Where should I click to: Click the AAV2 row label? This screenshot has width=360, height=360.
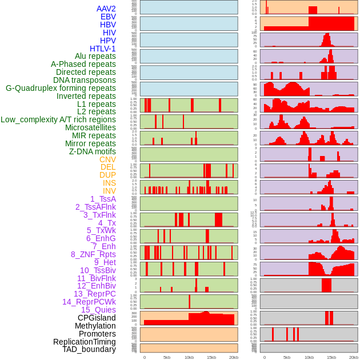[x=106, y=9]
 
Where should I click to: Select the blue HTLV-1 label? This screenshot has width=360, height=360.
[x=103, y=49]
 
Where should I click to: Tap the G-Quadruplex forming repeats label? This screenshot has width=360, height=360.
[x=61, y=88]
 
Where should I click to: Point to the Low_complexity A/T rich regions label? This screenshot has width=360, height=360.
[x=58, y=119]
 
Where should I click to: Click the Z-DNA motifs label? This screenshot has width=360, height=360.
[x=93, y=151]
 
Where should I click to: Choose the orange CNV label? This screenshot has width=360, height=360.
[x=107, y=159]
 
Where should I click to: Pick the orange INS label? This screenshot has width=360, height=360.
[x=109, y=183]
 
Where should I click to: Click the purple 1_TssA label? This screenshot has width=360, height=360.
[x=103, y=199]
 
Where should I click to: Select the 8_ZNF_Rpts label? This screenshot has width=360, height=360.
[x=93, y=254]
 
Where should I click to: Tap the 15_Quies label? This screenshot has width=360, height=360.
[x=98, y=310]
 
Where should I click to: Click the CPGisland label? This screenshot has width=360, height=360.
[x=97, y=318]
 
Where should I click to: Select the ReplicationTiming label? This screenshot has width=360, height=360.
[x=85, y=342]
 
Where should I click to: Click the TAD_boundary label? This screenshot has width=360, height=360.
[x=89, y=349]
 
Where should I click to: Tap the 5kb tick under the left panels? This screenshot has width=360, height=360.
[x=167, y=357]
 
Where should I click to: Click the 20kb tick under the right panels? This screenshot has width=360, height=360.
[x=354, y=357]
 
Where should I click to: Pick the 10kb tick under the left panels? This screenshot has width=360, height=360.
[x=189, y=357]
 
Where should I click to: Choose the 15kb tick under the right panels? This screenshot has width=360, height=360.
[x=331, y=357]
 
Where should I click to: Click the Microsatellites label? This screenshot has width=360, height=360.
[x=90, y=127]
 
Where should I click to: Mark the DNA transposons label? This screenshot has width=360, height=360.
[x=85, y=80]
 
